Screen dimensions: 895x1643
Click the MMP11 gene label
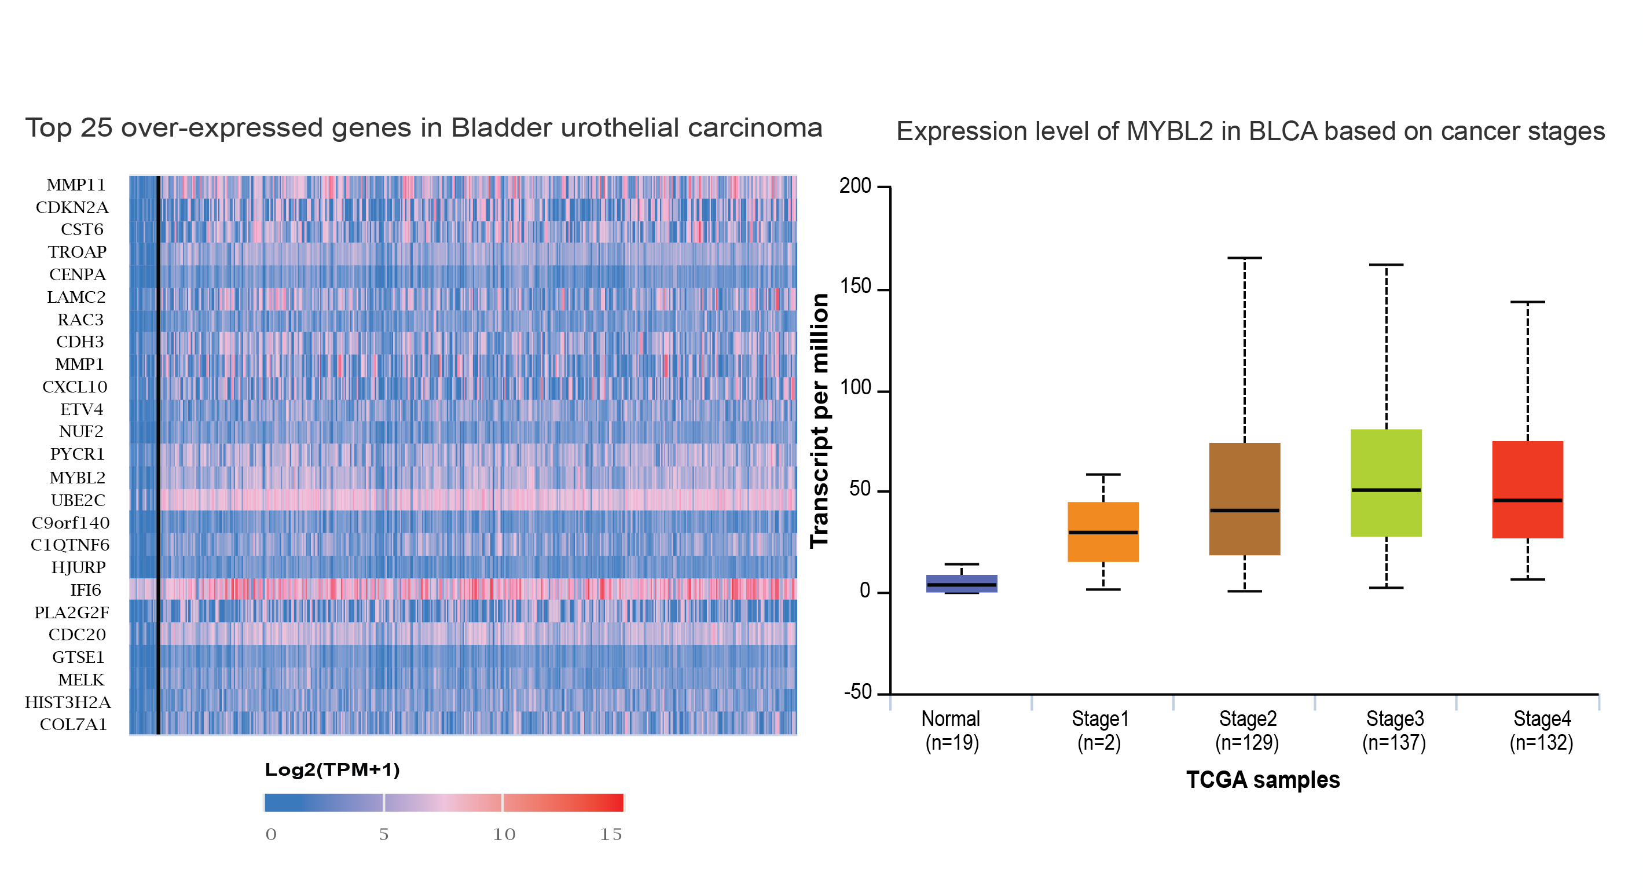[75, 185]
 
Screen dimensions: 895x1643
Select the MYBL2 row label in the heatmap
[76, 477]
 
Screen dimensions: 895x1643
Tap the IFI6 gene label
[86, 590]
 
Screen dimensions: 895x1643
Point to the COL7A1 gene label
[74, 725]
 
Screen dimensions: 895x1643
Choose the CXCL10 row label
[75, 387]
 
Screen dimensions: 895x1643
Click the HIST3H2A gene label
[68, 702]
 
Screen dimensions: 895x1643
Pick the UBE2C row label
[78, 500]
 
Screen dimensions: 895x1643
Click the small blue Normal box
[961, 584]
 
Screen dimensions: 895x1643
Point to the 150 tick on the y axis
[855, 288]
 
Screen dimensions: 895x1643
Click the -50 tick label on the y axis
[857, 692]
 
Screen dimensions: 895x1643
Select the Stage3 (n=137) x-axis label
[1394, 731]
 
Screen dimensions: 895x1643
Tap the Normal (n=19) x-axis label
[952, 731]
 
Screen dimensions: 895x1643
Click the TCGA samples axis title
[1263, 780]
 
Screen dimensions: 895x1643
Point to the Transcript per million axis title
[819, 420]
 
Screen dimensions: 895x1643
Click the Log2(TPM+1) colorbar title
[332, 769]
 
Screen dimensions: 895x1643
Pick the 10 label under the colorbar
[504, 834]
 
